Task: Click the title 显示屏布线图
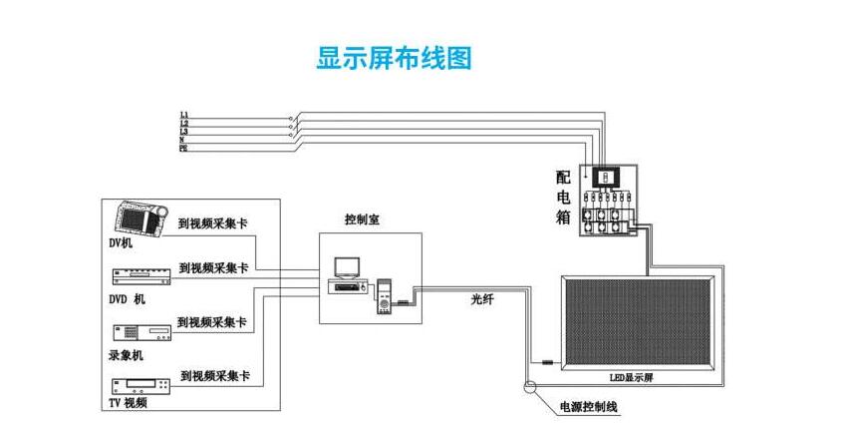click(x=394, y=58)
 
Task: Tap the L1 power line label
click(x=184, y=116)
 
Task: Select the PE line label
click(x=183, y=148)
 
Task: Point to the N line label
click(x=183, y=140)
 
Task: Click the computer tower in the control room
click(x=383, y=298)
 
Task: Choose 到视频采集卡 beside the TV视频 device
click(x=215, y=376)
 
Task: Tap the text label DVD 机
click(x=127, y=299)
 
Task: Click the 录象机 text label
click(x=126, y=354)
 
